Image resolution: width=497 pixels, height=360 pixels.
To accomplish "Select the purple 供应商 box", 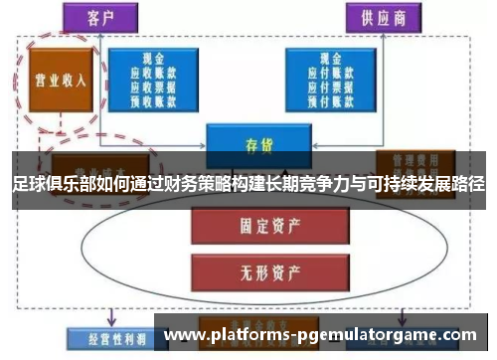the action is coord(381,18).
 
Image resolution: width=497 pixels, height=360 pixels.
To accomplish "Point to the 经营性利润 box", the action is coord(105,338).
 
